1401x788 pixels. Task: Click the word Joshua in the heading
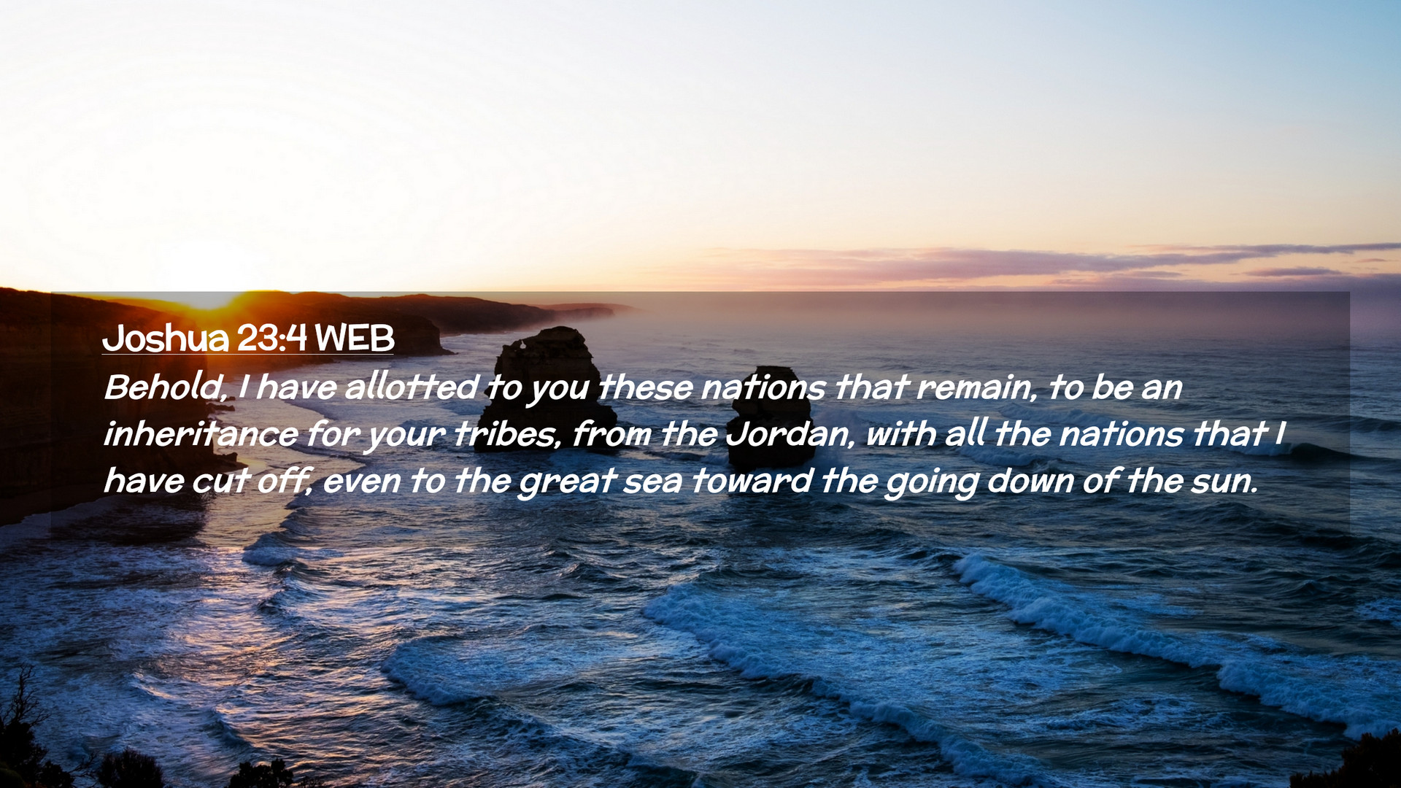pyautogui.click(x=166, y=338)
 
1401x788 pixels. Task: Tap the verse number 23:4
pyautogui.click(x=271, y=338)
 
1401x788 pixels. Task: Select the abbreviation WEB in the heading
pyautogui.click(x=355, y=338)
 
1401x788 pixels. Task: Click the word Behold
pyautogui.click(x=165, y=387)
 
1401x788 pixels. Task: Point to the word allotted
pyautogui.click(x=412, y=387)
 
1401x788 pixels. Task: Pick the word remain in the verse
pyautogui.click(x=976, y=387)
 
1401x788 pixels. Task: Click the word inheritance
pyautogui.click(x=201, y=434)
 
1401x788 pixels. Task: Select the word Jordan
pyautogui.click(x=788, y=434)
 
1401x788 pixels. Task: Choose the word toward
pyautogui.click(x=752, y=481)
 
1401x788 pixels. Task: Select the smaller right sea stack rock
pyautogui.click(x=772, y=416)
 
